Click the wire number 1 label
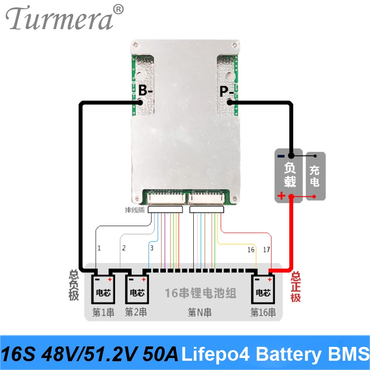tap(99, 248)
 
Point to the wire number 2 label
tap(123, 248)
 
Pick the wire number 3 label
tap(151, 248)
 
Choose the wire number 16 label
tap(251, 250)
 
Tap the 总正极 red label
tap(296, 287)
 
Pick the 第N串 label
tap(199, 313)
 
